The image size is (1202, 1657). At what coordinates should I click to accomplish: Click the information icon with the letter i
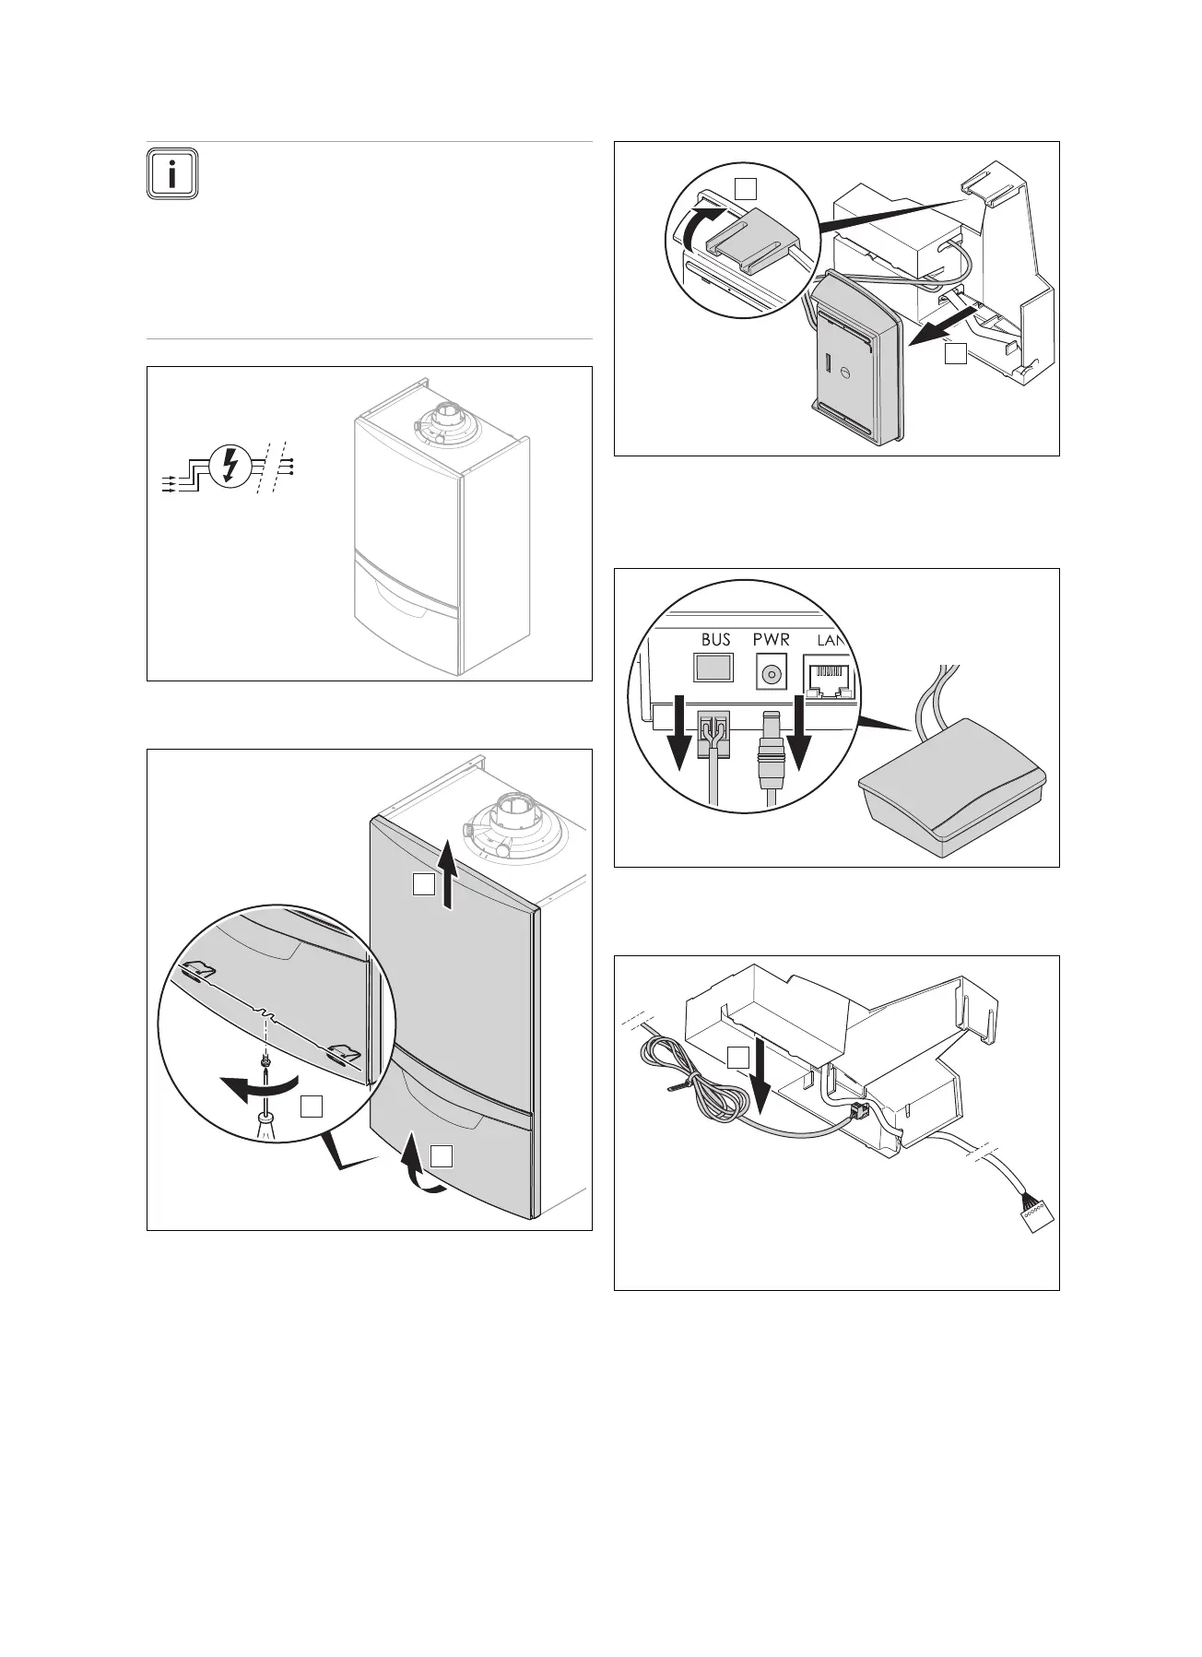tap(171, 172)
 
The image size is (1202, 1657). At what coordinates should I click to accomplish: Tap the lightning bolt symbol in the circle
tap(228, 467)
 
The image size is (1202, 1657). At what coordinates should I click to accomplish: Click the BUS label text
tap(715, 639)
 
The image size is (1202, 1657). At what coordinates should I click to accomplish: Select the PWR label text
tap(771, 639)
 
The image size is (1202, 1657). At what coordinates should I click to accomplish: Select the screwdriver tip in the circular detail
tap(265, 1117)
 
